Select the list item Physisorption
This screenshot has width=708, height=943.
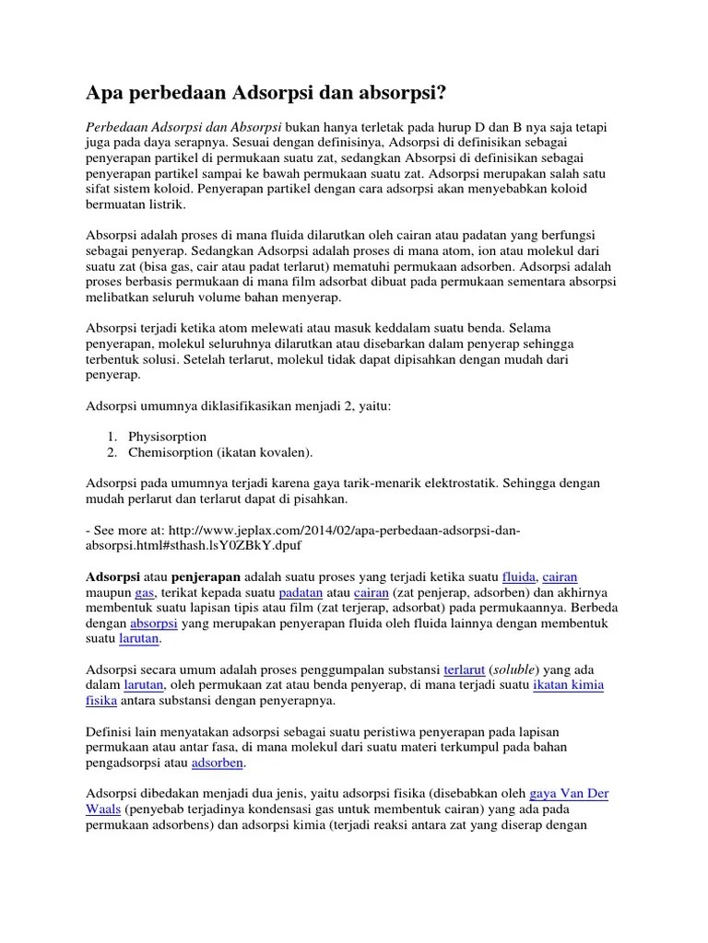pyautogui.click(x=169, y=436)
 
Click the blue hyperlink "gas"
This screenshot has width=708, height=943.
pyautogui.click(x=144, y=592)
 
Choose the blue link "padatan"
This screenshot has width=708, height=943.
pyautogui.click(x=302, y=592)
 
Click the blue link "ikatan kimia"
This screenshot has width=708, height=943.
pyautogui.click(x=569, y=686)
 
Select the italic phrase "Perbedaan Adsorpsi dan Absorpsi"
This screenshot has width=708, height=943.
pyautogui.click(x=183, y=126)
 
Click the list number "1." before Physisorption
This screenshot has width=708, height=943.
pyautogui.click(x=112, y=436)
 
